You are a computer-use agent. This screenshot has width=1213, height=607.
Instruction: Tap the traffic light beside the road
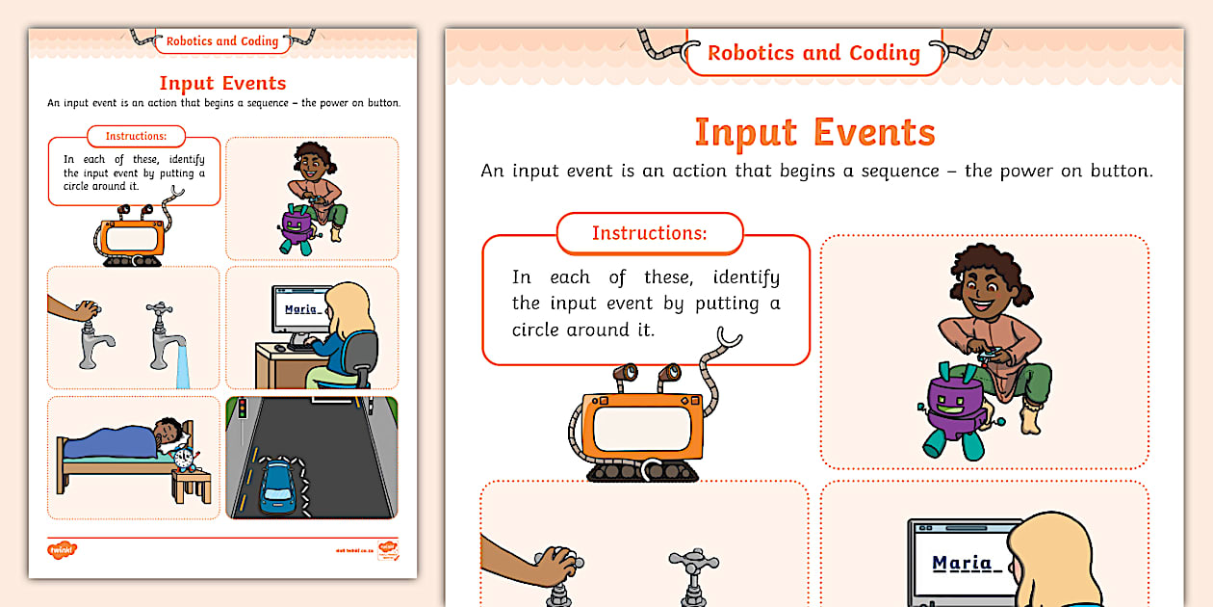coord(242,409)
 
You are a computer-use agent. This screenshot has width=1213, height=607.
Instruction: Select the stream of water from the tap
coord(182,366)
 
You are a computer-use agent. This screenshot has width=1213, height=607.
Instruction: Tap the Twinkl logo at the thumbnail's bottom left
coord(61,550)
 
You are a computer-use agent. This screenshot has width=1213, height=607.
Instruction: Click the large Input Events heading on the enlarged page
coord(814,132)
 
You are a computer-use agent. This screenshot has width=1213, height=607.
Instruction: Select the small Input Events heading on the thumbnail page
coord(222,83)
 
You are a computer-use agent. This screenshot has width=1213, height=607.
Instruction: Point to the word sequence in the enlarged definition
coord(857,171)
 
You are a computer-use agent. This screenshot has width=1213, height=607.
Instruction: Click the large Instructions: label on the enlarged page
coord(649,233)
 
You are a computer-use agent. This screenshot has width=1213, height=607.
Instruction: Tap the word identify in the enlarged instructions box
coord(746,277)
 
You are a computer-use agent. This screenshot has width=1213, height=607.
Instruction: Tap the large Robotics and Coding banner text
coord(813,53)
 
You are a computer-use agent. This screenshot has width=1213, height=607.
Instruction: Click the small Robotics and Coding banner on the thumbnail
coord(221,41)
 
